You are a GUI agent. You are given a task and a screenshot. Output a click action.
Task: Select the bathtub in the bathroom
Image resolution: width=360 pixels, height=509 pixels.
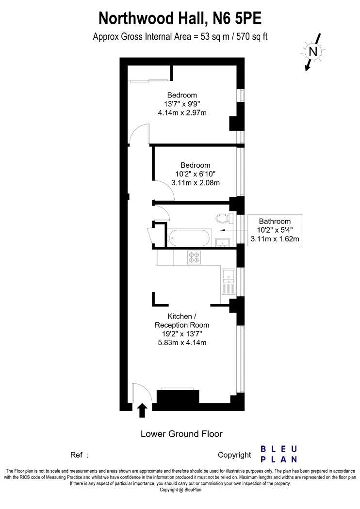(x=189, y=239)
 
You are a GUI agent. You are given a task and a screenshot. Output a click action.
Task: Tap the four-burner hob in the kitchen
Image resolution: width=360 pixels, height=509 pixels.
(x=194, y=257)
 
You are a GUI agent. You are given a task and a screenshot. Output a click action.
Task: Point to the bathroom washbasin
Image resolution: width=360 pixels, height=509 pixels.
(x=223, y=242)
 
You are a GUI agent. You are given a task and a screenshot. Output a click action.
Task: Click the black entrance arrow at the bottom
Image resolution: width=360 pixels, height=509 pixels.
(x=142, y=410)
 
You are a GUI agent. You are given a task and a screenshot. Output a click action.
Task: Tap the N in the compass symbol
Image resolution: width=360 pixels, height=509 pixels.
(x=313, y=52)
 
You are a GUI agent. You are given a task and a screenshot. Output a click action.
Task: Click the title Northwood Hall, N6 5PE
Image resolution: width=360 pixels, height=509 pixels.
(x=180, y=18)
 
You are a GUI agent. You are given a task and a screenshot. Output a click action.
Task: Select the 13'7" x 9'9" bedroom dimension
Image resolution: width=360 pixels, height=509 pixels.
(x=182, y=104)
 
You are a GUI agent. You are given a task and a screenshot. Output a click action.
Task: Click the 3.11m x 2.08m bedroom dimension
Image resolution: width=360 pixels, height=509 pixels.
(x=195, y=183)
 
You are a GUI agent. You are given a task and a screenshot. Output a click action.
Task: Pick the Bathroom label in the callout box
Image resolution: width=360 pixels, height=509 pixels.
(x=275, y=222)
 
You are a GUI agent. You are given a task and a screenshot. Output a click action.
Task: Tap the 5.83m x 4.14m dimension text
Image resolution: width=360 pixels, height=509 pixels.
(x=182, y=342)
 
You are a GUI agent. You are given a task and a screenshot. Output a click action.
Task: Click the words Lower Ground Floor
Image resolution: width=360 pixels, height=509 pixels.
(x=181, y=434)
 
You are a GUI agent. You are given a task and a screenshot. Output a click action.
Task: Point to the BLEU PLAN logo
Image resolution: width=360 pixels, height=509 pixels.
(x=279, y=454)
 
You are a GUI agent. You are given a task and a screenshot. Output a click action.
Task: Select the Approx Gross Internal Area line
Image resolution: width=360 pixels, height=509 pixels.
(x=180, y=37)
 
